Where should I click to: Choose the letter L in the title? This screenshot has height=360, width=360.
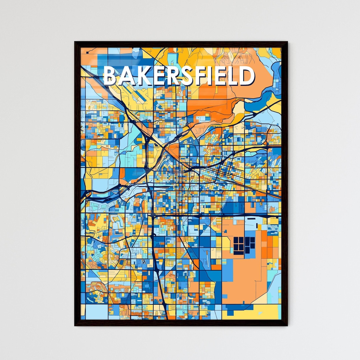[233, 76]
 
